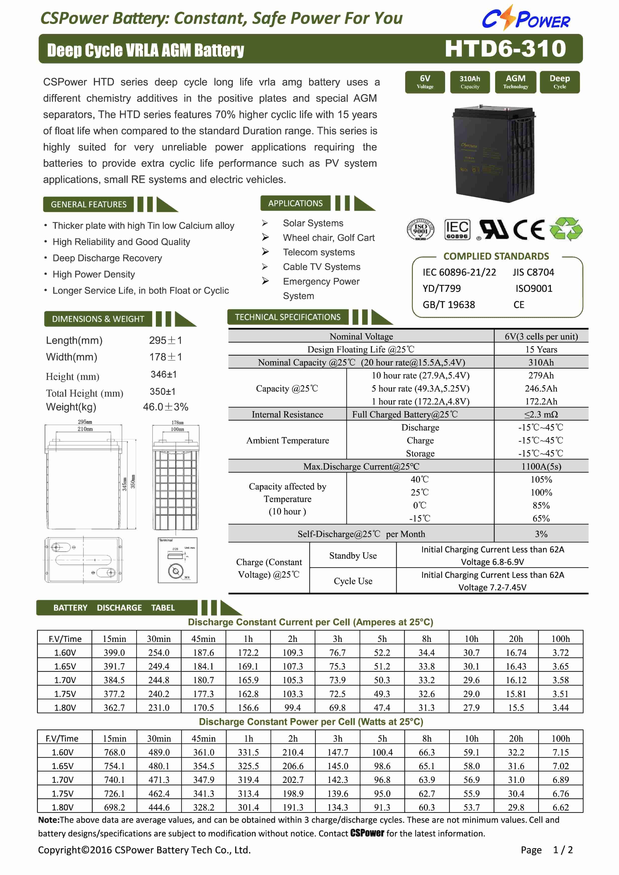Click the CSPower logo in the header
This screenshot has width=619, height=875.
pos(526,18)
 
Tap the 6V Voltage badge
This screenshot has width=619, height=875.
pos(425,82)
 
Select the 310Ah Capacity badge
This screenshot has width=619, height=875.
pos(470,82)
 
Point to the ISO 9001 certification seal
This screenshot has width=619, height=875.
pos(420,229)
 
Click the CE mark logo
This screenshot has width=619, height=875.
pos(529,229)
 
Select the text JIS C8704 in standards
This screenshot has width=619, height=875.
pos(533,272)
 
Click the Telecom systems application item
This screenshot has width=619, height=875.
pos(319,252)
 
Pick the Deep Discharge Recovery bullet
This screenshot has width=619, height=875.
pos(107,258)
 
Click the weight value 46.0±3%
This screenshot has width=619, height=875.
pos(165,407)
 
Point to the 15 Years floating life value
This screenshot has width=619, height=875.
pos(541,349)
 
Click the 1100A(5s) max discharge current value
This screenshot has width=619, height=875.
pos(541,466)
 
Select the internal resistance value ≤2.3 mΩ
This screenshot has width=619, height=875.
pos(541,414)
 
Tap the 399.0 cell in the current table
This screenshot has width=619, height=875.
pos(114,653)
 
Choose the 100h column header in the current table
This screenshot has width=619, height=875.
pos(560,639)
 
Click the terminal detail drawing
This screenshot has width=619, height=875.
pos(177,560)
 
